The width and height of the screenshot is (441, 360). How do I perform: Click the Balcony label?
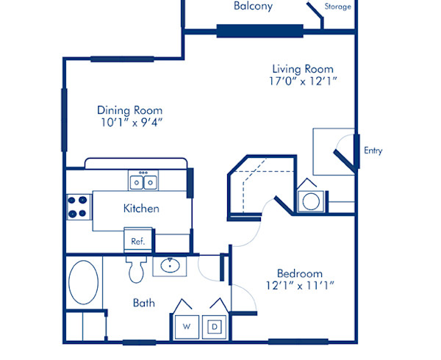click(253, 7)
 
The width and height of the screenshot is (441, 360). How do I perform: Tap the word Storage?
click(338, 7)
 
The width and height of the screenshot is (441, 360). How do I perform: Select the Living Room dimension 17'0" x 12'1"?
click(302, 82)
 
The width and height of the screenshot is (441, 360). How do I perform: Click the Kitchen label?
click(141, 209)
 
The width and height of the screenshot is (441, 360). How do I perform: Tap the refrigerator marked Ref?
click(137, 241)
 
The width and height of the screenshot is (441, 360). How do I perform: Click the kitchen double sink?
click(143, 181)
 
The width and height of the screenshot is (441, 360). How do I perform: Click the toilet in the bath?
click(137, 270)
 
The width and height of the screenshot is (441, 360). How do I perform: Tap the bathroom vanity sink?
click(174, 265)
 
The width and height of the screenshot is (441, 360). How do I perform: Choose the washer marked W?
click(186, 325)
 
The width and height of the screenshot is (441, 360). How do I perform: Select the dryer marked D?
click(215, 325)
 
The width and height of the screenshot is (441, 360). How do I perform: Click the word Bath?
click(143, 303)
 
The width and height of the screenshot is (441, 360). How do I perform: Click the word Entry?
click(373, 151)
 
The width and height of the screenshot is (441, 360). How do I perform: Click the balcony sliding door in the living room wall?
click(259, 31)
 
